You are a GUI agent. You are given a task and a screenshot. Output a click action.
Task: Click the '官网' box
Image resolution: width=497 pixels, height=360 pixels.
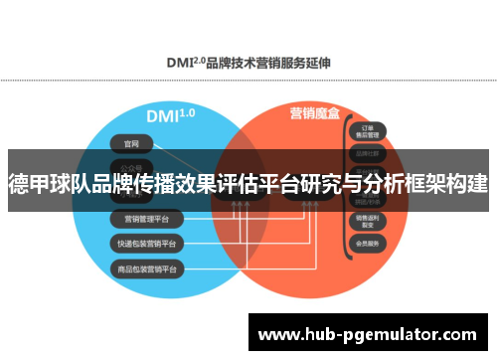point(124,141)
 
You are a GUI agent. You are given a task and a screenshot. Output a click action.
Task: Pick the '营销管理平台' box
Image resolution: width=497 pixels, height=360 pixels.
point(145,218)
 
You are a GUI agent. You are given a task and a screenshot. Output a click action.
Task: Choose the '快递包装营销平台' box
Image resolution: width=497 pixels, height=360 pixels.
point(145,244)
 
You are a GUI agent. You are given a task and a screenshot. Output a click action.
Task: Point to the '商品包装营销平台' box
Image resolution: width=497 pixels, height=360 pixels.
point(145,270)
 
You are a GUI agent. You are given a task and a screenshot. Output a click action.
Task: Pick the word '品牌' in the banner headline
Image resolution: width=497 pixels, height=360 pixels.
point(127,184)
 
